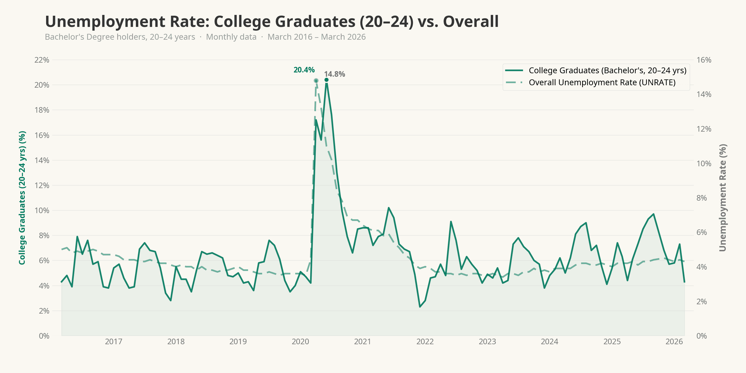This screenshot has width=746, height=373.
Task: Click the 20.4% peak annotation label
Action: (304, 70)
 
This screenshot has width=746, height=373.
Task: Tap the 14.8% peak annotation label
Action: (334, 74)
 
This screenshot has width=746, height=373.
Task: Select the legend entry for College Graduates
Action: (607, 70)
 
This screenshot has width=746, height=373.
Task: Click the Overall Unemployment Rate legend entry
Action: (602, 83)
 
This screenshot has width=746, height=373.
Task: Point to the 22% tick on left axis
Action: (42, 60)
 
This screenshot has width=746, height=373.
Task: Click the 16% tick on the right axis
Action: (704, 60)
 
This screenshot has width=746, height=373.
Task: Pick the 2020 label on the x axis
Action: (300, 342)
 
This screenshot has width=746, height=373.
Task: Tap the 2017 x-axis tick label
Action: (113, 342)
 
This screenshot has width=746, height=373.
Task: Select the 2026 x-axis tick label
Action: (674, 342)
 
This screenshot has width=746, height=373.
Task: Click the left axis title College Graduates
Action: (22, 197)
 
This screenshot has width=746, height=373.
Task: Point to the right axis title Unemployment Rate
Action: (723, 197)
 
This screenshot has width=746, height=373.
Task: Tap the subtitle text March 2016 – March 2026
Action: (317, 37)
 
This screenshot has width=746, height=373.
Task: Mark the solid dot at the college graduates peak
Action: (326, 80)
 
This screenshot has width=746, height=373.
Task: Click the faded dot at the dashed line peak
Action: (316, 81)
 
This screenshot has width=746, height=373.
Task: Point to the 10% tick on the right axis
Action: (704, 164)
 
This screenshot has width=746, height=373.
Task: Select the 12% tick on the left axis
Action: (42, 185)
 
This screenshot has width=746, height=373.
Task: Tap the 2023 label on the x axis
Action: (487, 342)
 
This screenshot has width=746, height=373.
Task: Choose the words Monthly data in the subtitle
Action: (231, 37)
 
